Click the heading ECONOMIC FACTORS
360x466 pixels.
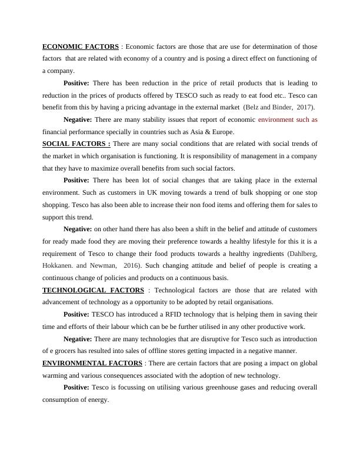[x=80, y=46]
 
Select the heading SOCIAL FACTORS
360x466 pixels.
[x=76, y=144]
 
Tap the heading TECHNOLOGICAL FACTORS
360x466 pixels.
[x=93, y=290]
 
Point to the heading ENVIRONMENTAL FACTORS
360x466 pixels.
[x=92, y=363]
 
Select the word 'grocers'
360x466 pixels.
[x=66, y=351]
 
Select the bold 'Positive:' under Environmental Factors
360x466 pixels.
[x=76, y=388]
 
